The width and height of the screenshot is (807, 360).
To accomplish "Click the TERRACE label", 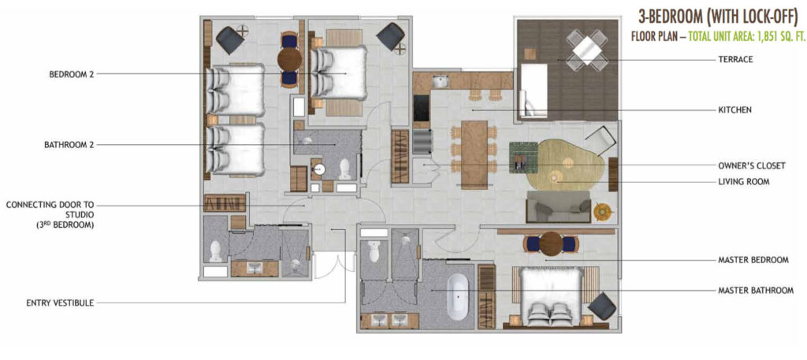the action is point(735,60).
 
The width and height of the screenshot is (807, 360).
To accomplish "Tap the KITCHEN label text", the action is point(735,110).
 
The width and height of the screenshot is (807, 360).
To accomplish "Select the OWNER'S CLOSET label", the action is point(751,166).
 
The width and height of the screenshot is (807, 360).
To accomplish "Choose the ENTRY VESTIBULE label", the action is point(60,303).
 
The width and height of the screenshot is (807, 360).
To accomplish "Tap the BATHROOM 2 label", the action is point(69,145).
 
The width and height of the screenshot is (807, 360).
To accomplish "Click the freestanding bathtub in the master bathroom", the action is point(458,297).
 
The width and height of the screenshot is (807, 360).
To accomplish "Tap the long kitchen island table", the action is point(474,154).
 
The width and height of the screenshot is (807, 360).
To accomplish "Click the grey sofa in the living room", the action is point(558,206).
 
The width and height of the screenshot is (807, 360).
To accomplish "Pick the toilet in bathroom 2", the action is point(345,169).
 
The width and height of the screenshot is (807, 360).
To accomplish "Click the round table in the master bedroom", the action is point(549,243).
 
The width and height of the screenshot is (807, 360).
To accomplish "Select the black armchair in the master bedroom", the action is point(601,306).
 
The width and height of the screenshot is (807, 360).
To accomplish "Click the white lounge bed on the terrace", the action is point(533,91).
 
